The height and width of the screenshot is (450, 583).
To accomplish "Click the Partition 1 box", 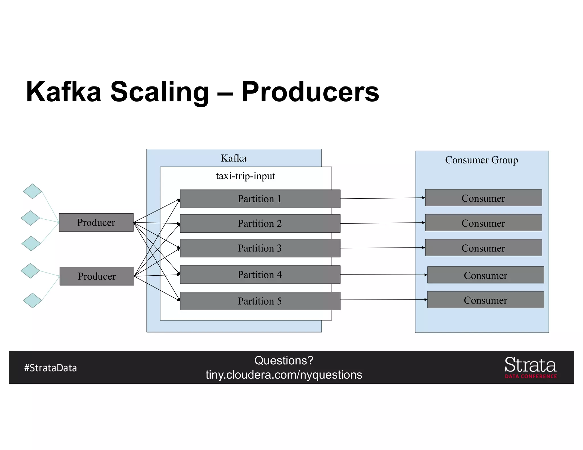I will click(260, 199).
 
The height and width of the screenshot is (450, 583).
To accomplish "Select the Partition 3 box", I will click(260, 248).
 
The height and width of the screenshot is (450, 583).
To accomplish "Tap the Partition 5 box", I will click(260, 301).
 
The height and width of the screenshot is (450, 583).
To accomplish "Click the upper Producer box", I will click(96, 222).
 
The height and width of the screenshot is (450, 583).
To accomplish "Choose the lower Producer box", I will click(97, 276).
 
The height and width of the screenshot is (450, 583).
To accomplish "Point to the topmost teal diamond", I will click(32, 191).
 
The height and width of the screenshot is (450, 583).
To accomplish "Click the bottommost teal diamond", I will click(32, 300).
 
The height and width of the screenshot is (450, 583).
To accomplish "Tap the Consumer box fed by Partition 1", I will click(483, 198).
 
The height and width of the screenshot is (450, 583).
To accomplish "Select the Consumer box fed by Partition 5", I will click(486, 300).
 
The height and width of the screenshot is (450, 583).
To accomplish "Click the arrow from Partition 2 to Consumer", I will click(383, 223).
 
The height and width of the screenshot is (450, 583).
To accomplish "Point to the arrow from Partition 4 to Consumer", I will click(384, 275).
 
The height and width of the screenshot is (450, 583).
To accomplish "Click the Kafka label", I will click(234, 158).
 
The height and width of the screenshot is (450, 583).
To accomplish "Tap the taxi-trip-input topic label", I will click(245, 176).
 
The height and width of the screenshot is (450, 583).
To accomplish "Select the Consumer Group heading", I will click(481, 160).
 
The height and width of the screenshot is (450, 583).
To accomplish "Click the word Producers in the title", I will click(310, 92).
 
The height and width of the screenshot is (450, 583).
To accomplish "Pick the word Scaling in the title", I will click(159, 92).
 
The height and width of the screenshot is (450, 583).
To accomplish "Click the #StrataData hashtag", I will click(51, 368).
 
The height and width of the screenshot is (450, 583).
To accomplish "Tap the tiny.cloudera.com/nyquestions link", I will click(284, 375).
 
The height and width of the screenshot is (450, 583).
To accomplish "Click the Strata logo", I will click(530, 367).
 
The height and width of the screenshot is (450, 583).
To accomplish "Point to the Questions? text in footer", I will click(284, 360).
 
